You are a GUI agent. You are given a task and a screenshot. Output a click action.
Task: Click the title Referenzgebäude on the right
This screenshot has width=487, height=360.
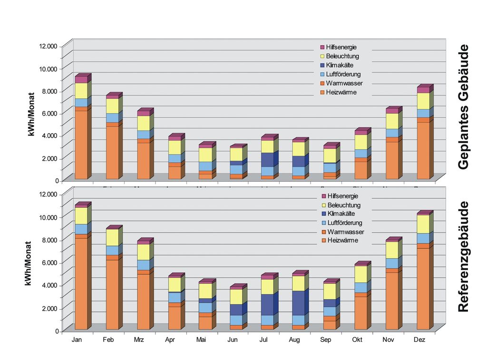click(464, 257)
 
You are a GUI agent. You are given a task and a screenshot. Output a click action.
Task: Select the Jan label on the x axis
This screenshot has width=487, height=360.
click(77, 340)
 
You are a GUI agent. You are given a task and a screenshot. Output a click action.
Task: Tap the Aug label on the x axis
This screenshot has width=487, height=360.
click(294, 340)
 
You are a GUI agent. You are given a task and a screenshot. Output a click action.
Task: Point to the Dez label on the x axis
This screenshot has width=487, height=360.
click(419, 340)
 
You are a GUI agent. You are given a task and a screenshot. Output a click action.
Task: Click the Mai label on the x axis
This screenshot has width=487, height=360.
click(201, 340)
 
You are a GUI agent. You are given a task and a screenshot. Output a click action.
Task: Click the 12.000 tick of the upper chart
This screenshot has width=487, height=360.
click(49, 46)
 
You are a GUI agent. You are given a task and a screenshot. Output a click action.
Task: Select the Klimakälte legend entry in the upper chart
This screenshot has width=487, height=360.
click(340, 65)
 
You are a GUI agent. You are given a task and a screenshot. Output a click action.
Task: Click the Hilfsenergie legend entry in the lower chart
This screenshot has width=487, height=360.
click(342, 196)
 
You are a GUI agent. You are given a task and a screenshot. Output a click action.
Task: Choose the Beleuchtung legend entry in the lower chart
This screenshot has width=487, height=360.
click(344, 205)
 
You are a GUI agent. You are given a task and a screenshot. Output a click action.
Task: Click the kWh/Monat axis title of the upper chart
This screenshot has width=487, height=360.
click(32, 114)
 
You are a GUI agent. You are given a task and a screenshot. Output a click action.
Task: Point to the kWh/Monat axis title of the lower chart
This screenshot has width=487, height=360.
click(29, 263)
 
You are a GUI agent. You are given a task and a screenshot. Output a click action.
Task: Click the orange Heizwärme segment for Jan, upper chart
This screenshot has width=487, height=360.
click(81, 145)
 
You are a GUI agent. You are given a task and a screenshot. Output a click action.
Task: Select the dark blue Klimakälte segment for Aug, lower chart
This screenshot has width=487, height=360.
click(299, 303)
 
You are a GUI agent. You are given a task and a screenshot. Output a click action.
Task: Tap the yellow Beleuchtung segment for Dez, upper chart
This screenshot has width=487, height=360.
click(423, 101)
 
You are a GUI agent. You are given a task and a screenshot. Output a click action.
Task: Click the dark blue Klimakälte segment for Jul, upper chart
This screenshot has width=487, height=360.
click(267, 160)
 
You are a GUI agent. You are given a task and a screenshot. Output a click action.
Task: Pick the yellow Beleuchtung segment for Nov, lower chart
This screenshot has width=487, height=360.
click(392, 250)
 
